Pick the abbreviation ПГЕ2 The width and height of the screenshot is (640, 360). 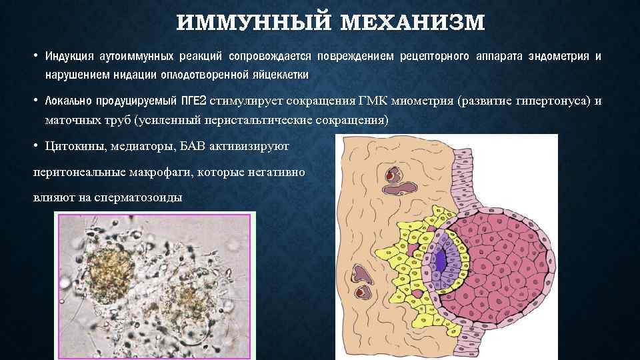(194, 101)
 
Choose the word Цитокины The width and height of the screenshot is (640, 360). (73, 145)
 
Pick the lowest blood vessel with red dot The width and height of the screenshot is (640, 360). (361, 292)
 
